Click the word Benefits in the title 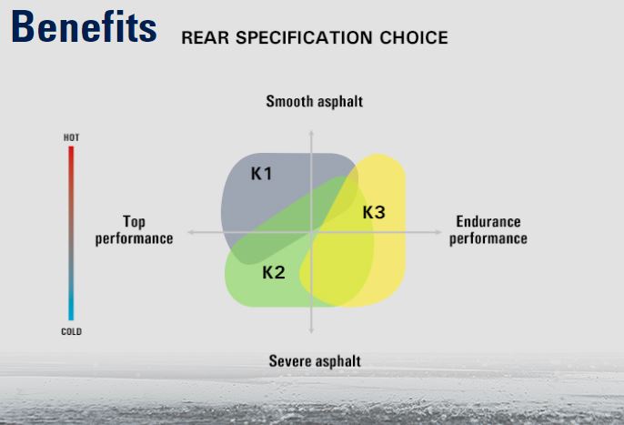tap(84, 26)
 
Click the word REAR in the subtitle tap(206, 38)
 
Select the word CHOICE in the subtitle tap(414, 38)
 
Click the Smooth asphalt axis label tap(315, 101)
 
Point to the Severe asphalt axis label tap(315, 361)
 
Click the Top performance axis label tap(134, 230)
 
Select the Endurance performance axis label tap(488, 230)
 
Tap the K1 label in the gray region tap(261, 173)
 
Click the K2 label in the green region tap(274, 272)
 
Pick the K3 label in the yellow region tap(374, 212)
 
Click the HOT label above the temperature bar tap(71, 137)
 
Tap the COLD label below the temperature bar tap(71, 331)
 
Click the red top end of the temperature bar tap(71, 147)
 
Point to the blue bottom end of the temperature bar tap(71, 319)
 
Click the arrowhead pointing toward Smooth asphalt tap(311, 133)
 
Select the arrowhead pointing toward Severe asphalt tap(311, 330)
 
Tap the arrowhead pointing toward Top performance tap(190, 232)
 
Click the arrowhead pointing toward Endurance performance tap(438, 232)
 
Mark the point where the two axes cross tap(311, 232)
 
